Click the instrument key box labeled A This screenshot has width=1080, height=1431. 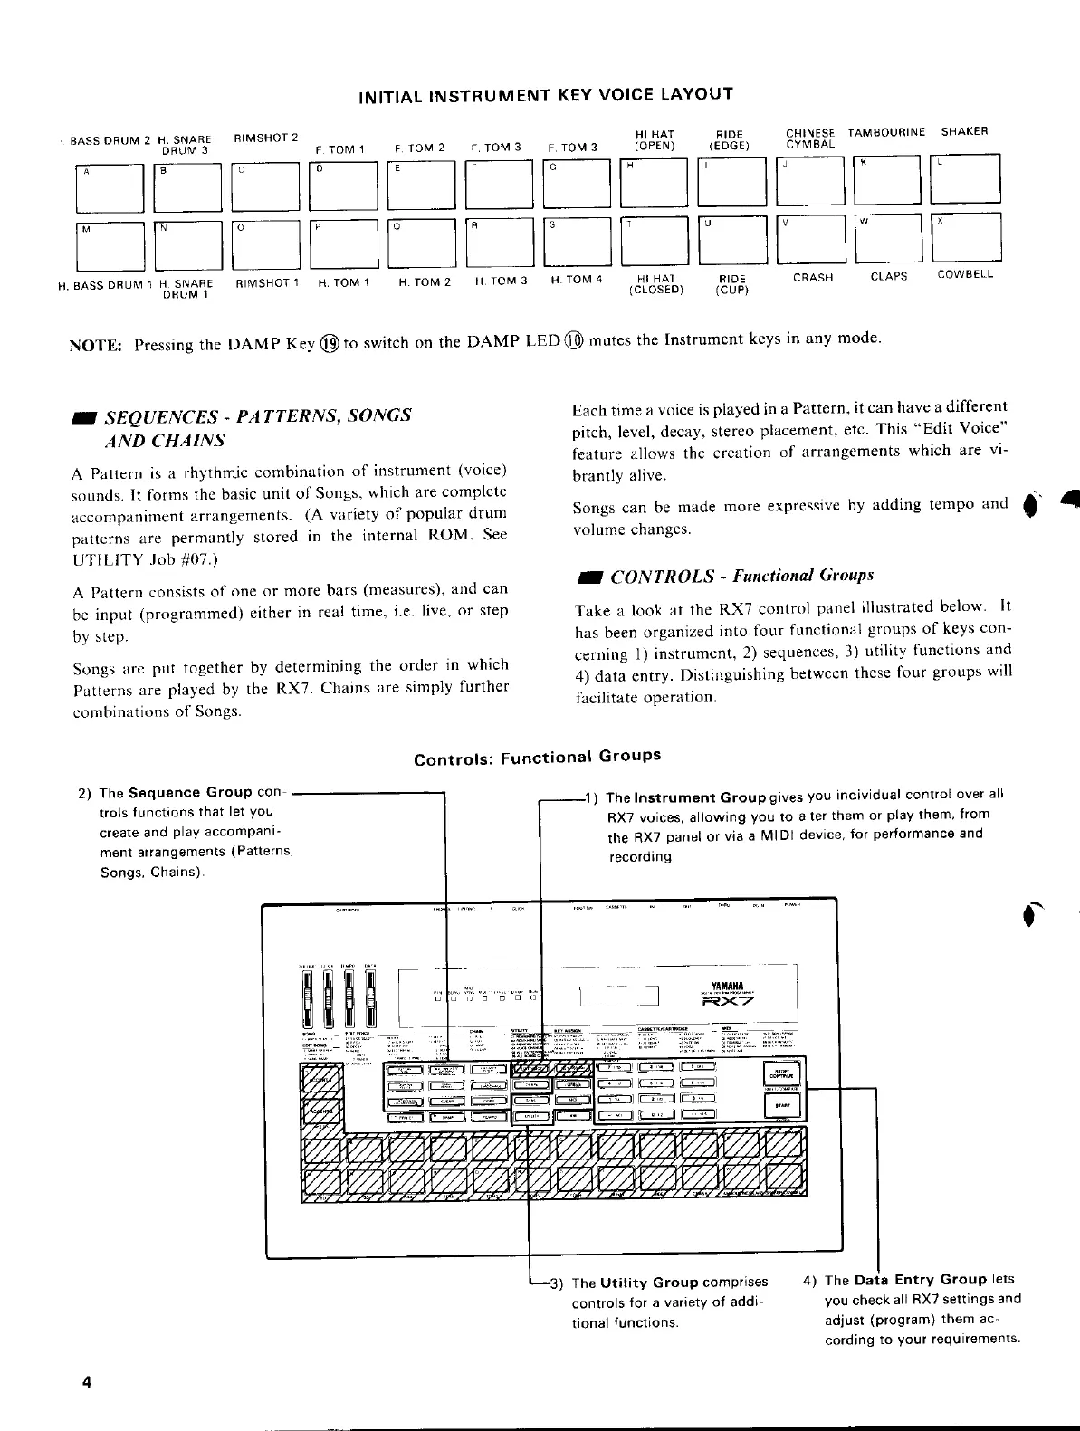(110, 186)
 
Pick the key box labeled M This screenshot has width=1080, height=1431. (110, 245)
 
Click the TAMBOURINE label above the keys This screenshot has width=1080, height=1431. (886, 132)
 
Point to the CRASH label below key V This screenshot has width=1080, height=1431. (812, 278)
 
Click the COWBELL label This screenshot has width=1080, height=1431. (965, 274)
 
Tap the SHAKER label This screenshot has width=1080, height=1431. (964, 131)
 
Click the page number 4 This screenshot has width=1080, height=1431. (86, 1382)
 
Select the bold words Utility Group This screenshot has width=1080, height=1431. (648, 1283)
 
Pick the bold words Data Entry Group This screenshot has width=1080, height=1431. (919, 1280)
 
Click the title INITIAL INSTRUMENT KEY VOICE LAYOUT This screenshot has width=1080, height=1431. (545, 95)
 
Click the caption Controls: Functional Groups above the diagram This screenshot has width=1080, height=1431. (537, 758)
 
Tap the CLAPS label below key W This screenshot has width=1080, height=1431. (888, 276)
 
